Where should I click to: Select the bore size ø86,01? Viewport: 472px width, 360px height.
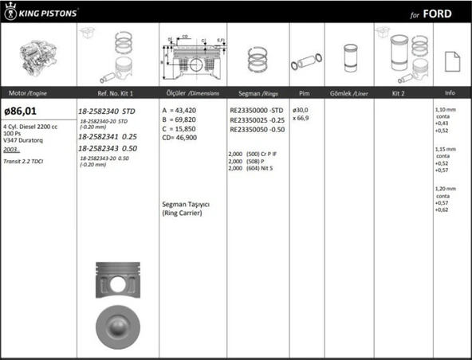point(22,111)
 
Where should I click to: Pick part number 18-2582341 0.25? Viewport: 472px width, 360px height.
point(108,137)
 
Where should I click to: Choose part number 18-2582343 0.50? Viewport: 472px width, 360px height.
point(108,148)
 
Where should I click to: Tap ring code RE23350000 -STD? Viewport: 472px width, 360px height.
point(256,110)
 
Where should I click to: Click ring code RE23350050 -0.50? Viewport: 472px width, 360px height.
point(256,129)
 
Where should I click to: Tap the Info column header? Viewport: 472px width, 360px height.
point(450,92)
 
